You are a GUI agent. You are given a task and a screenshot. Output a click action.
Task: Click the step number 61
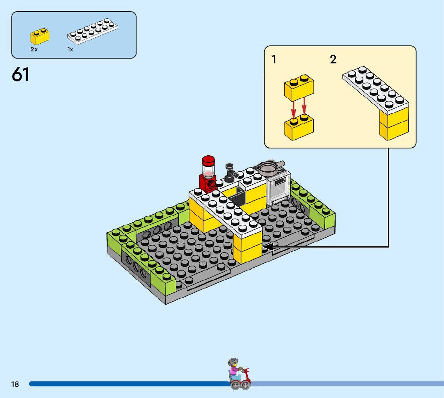pos(21,75)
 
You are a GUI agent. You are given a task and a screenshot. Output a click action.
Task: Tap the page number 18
pos(15,384)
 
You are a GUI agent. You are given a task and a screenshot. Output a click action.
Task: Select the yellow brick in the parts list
pos(40,36)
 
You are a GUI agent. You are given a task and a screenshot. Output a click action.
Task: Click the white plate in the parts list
pos(93,32)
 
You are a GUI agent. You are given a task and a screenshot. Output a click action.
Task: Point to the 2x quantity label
pos(34,50)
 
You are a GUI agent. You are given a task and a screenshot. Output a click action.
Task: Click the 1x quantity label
pos(70,50)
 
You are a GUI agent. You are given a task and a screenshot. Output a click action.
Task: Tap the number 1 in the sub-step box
pos(274,60)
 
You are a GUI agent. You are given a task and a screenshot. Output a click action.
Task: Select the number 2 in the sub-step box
pos(333,60)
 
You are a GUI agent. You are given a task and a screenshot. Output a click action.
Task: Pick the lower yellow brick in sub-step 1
pos(299,128)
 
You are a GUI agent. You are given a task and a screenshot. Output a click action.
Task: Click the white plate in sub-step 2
pos(375,88)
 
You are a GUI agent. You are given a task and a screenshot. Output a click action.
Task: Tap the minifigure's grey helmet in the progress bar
pos(232,362)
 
